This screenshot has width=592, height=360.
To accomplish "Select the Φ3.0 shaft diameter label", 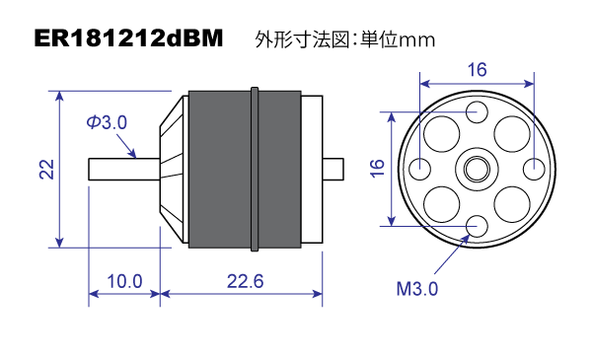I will click(108, 122).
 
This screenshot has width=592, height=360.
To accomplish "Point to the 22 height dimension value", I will click(45, 169).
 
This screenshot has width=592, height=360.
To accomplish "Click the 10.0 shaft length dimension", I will click(124, 281).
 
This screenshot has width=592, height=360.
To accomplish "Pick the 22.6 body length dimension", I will click(244, 281).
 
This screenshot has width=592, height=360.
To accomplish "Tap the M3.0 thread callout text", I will click(416, 289).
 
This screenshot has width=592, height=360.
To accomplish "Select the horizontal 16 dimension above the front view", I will click(477, 70).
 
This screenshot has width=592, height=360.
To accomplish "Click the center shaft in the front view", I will click(477, 168).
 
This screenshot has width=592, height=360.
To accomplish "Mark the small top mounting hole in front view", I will click(477, 109).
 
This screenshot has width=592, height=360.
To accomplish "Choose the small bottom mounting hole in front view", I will click(477, 226).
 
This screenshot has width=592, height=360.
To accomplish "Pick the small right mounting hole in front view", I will click(534, 168).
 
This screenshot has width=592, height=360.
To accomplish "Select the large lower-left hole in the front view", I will click(440, 204).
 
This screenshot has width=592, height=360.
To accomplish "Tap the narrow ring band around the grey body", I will click(256, 168).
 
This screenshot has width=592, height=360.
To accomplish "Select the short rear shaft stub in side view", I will click(333, 169).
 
